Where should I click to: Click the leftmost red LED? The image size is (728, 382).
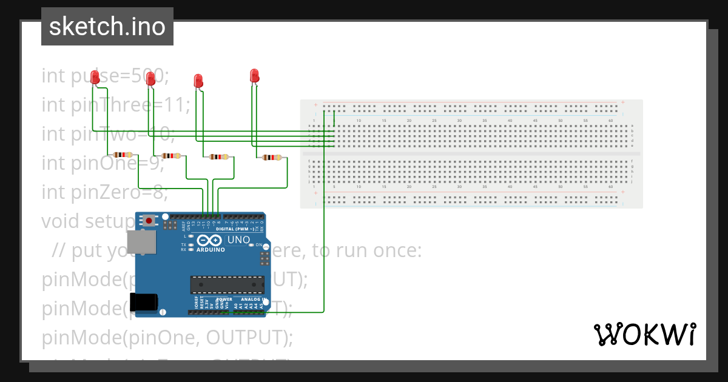[x=95, y=76]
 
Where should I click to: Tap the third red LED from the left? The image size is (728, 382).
[x=198, y=80]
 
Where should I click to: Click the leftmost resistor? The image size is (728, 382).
[x=123, y=155]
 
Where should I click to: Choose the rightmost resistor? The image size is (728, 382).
[x=272, y=158]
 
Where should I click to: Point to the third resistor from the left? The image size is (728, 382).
[x=219, y=157]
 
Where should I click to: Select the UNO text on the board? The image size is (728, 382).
[x=238, y=240]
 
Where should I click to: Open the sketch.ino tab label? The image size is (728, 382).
[x=107, y=27]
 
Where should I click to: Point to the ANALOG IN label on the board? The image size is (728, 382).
[x=251, y=300]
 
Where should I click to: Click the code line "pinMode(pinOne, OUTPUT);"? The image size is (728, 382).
[x=167, y=337]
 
